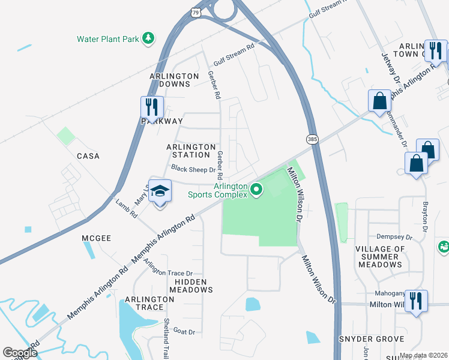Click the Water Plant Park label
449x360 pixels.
[108, 40]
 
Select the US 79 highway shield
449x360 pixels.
[197, 12]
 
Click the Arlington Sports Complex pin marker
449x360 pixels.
[257, 190]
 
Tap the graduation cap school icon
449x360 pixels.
[160, 191]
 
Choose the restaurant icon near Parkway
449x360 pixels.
[152, 107]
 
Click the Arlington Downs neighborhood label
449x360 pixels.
[174, 80]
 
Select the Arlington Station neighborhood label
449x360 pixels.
[191, 151]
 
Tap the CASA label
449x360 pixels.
[88, 156]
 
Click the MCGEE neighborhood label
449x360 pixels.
[97, 238]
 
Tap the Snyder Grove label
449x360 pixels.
[371, 339]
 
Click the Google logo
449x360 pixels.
[20, 353]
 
